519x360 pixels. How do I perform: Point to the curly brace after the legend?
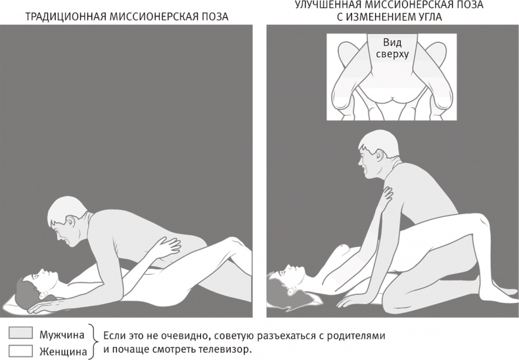(x=97, y=342)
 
